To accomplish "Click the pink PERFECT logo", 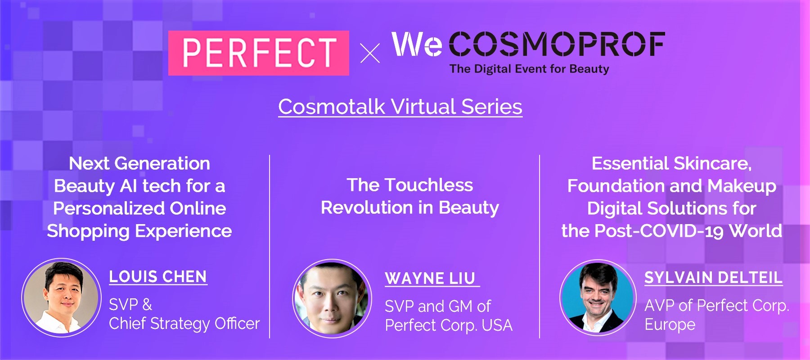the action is [259, 53].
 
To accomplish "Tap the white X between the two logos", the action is [370, 53].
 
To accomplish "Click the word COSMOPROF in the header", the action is [557, 44].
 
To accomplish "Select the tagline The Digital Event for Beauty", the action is [529, 69].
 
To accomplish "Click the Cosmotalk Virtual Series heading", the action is [400, 107].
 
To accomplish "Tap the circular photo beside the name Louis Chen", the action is [61, 297].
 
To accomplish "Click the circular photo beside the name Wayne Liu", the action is [332, 298].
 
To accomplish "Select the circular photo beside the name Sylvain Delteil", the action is [598, 297].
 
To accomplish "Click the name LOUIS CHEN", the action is [158, 277].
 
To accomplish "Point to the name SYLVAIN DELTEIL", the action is [713, 278].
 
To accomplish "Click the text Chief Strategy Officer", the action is [184, 324].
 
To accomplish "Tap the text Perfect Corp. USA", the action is [449, 325].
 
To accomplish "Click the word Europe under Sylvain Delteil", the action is [670, 324].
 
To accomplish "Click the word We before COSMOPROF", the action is [417, 44].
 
